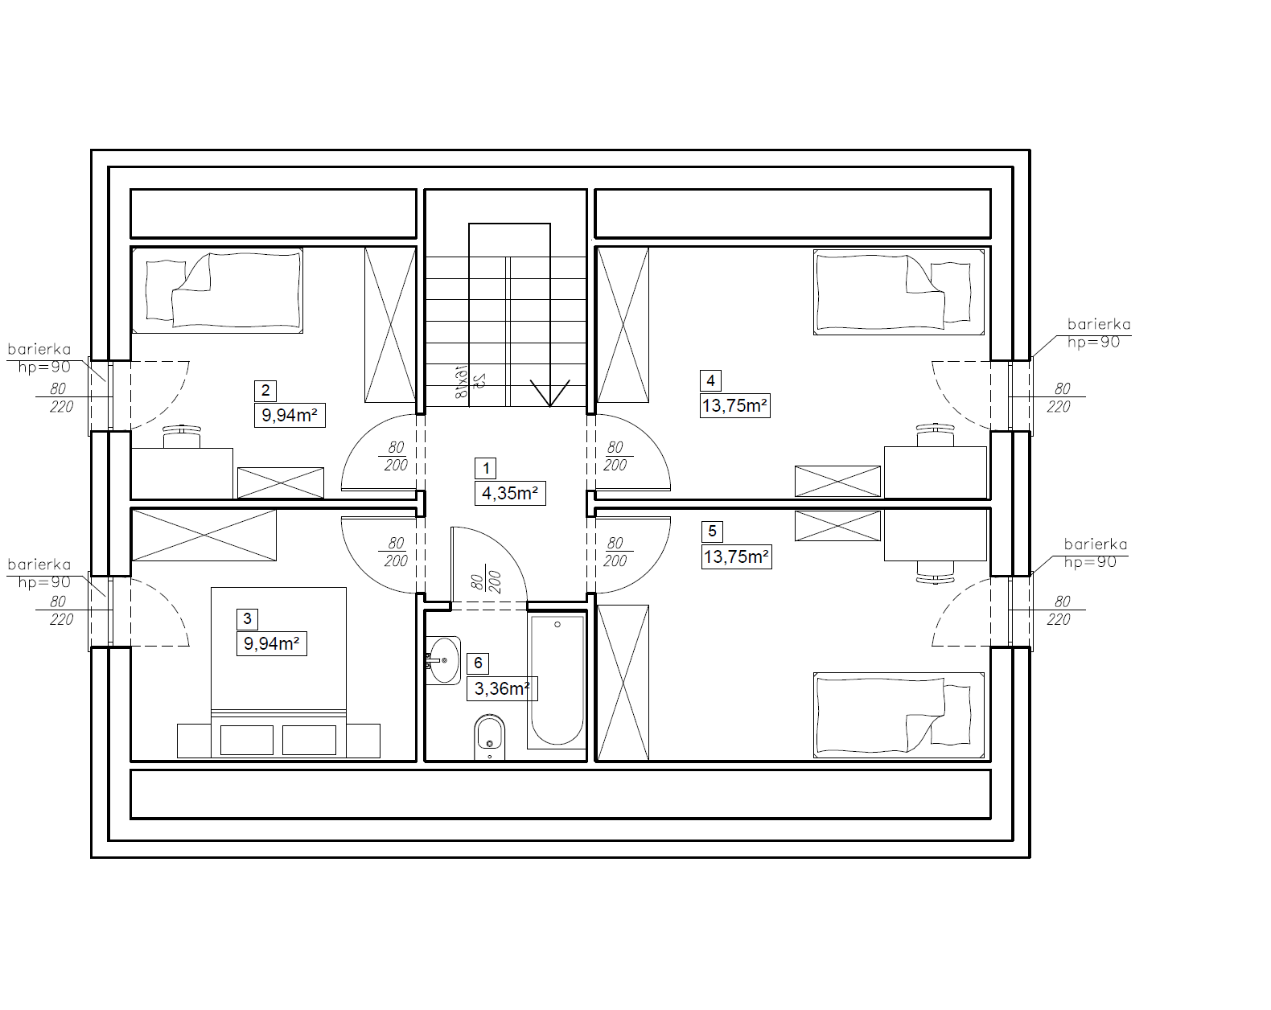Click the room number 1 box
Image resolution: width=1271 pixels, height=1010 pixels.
tap(486, 468)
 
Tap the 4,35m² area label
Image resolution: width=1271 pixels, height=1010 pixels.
tap(510, 493)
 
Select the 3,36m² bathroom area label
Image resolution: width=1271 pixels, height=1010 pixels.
tap(502, 688)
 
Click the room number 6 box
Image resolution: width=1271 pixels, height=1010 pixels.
tap(478, 663)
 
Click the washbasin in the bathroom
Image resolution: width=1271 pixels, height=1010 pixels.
tap(442, 660)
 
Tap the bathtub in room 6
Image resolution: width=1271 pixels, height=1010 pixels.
tap(557, 681)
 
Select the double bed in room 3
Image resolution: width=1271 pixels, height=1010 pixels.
tap(279, 672)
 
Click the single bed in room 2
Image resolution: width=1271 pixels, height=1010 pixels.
tap(217, 290)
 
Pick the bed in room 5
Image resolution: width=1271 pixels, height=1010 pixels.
tap(899, 715)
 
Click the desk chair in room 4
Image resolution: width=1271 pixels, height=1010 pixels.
tap(935, 435)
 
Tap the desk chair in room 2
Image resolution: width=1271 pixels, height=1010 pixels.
tap(182, 437)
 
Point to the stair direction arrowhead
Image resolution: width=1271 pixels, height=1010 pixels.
tap(550, 393)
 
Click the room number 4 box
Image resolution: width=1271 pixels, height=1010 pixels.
tap(710, 381)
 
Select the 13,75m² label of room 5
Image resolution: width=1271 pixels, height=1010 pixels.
tap(737, 557)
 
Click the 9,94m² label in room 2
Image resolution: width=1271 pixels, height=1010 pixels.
tap(290, 415)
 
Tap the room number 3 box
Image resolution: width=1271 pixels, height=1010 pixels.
tap(247, 619)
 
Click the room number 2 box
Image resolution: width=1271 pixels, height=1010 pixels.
tap(265, 391)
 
